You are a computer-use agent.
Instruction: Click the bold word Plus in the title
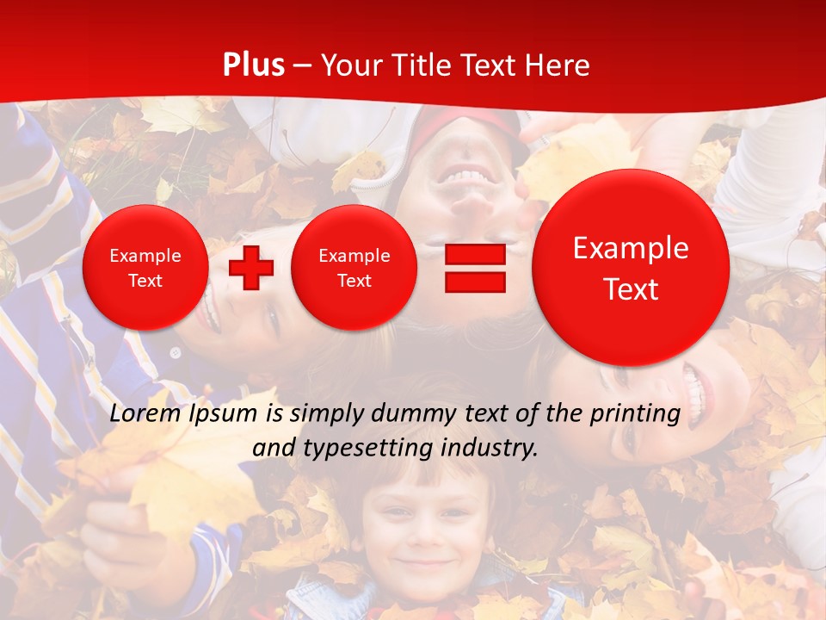click(x=254, y=65)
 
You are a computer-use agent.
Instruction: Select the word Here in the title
click(x=558, y=65)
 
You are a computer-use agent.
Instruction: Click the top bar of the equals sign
click(x=475, y=255)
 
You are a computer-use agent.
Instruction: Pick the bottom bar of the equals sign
click(x=475, y=282)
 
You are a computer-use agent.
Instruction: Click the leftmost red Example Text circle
click(x=145, y=268)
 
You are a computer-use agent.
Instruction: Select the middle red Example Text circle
click(x=354, y=268)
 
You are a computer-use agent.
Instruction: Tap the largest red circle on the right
click(x=631, y=268)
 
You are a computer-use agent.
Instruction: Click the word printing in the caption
click(x=634, y=414)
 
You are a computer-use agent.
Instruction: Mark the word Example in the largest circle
click(x=631, y=248)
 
